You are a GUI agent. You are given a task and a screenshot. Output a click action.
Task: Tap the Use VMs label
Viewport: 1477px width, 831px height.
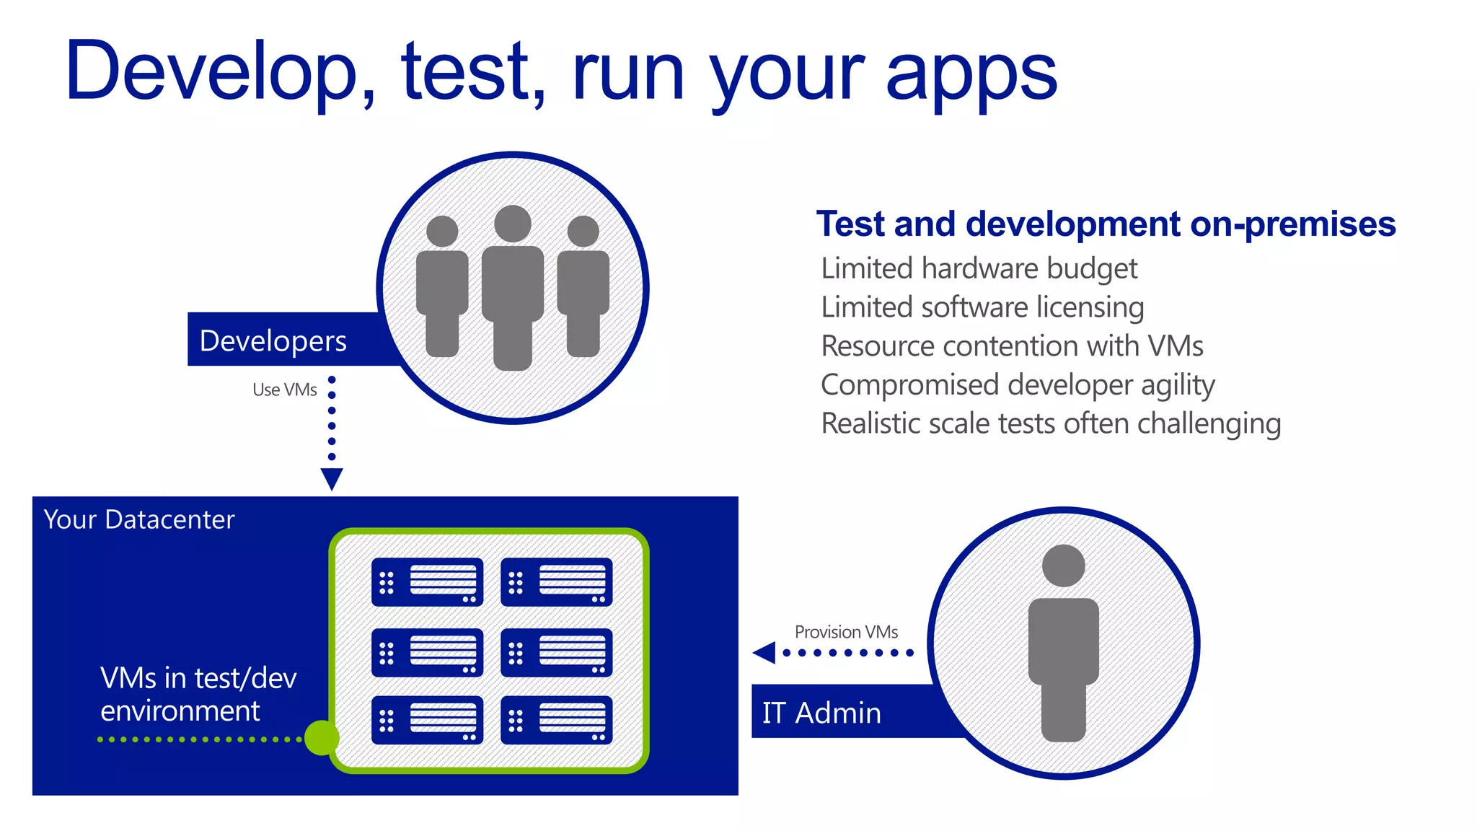(x=284, y=390)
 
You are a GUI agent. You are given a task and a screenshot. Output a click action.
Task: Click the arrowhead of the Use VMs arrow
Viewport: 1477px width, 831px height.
(x=332, y=478)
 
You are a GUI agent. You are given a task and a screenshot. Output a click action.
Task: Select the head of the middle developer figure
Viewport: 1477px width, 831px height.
(x=513, y=224)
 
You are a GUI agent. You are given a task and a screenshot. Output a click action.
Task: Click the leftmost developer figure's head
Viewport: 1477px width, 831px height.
(x=442, y=232)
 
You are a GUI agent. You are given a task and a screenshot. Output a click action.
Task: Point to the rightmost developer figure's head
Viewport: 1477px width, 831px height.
(x=583, y=232)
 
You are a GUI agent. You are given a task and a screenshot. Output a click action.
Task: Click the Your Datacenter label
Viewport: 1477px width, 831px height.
(x=139, y=519)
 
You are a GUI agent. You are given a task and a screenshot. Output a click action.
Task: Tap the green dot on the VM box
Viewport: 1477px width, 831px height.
(x=321, y=737)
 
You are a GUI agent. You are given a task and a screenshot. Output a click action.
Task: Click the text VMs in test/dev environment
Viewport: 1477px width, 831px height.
(x=198, y=694)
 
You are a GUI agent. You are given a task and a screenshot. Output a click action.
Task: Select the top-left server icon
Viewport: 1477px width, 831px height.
(x=427, y=581)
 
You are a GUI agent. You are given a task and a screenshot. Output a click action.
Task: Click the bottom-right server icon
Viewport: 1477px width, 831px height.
(x=556, y=720)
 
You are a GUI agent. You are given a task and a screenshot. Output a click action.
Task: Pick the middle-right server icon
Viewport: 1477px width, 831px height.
(x=556, y=652)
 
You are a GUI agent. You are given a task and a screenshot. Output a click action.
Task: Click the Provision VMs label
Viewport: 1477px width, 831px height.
(x=846, y=632)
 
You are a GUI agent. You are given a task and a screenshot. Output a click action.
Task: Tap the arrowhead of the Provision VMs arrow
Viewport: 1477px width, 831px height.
(x=764, y=653)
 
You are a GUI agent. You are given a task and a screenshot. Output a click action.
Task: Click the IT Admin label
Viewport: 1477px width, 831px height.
(x=821, y=713)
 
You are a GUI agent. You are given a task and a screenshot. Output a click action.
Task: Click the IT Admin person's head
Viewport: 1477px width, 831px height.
(x=1063, y=566)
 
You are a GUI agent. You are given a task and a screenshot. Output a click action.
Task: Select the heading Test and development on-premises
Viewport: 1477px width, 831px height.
(x=1106, y=224)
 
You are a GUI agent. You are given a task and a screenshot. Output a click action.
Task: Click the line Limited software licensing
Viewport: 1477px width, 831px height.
(x=982, y=307)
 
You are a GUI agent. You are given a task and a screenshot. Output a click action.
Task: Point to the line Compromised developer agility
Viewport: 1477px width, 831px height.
(x=1018, y=385)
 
